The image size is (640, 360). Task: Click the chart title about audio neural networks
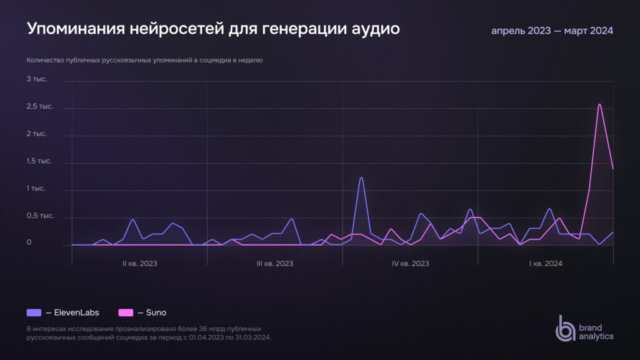(x=213, y=29)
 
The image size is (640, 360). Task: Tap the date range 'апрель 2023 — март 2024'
(x=552, y=31)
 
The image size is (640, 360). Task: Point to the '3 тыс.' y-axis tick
(x=37, y=79)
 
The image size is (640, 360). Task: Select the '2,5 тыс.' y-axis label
(x=40, y=106)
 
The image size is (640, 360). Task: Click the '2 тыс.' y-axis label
(x=37, y=134)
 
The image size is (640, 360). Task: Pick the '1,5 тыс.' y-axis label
(x=40, y=161)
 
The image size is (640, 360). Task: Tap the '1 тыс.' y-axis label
(x=37, y=188)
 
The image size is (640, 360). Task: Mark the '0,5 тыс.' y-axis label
(x=40, y=216)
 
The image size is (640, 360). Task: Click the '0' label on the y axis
(x=29, y=242)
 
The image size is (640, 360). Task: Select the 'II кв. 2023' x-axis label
(x=139, y=264)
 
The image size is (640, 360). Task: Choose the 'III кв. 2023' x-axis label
(x=275, y=264)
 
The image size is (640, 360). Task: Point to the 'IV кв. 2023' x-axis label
(x=411, y=264)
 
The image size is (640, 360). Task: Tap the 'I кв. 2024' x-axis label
(x=546, y=264)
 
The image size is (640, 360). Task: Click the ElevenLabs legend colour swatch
(x=34, y=312)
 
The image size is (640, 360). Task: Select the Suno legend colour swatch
(x=126, y=312)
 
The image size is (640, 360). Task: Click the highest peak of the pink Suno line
(x=599, y=104)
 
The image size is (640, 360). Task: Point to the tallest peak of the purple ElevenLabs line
(x=361, y=177)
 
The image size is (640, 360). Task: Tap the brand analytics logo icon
(x=566, y=328)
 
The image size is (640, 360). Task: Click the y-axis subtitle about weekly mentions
(x=144, y=61)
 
